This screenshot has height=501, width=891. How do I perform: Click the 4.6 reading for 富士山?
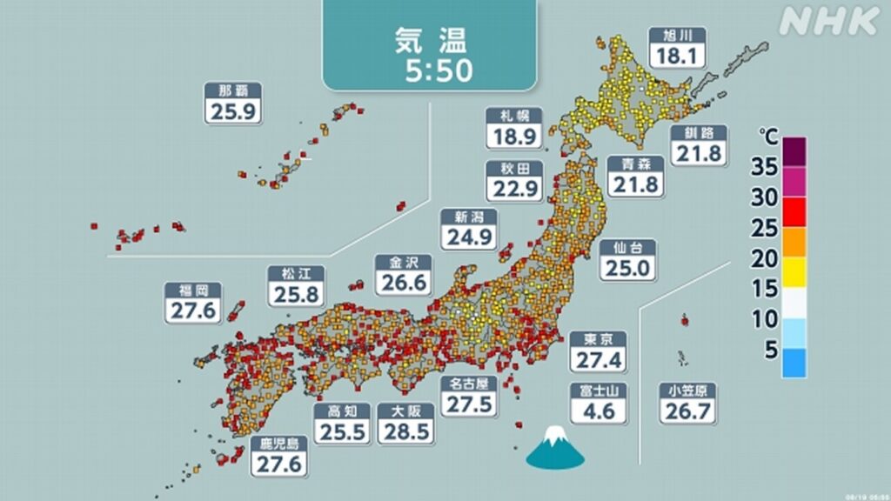pos(599,409)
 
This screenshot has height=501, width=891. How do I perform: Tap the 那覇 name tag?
pos(233,91)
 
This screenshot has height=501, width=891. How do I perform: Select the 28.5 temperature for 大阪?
pos(406,432)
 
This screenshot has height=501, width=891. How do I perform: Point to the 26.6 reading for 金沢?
pos(403,284)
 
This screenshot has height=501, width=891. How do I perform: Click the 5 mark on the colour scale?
pos(770,350)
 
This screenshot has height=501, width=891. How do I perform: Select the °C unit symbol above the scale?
pos(768,137)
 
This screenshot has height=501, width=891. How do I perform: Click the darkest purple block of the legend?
pos(794,151)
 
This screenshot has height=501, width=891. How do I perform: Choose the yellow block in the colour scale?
pos(794,272)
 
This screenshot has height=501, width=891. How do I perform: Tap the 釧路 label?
pos(698,133)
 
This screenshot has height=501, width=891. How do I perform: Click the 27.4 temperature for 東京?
pos(599,359)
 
